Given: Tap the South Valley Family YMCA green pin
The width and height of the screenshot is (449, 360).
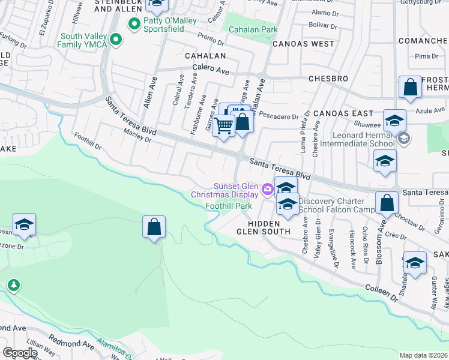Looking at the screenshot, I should coord(116,40).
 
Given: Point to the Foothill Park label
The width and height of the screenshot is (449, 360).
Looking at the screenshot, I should coord(229,206).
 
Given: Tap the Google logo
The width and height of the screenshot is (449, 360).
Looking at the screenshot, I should coord(20,352).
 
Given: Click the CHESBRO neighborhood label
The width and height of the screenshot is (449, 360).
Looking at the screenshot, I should coord(328,79).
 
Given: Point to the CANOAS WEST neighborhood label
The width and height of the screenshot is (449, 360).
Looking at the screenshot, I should coord(303,44).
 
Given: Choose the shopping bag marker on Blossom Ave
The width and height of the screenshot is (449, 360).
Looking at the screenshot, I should coord(387,203).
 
